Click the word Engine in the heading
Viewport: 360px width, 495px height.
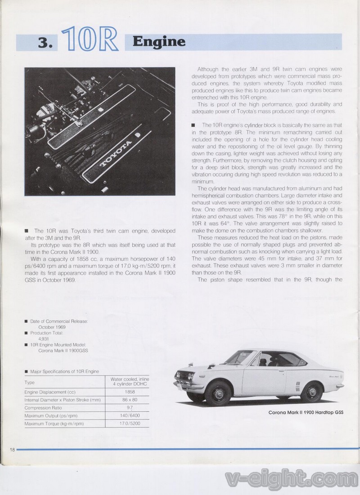coord(159,42)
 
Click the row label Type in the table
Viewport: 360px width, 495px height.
coord(30,382)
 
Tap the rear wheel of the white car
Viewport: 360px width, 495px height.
coord(311,392)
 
